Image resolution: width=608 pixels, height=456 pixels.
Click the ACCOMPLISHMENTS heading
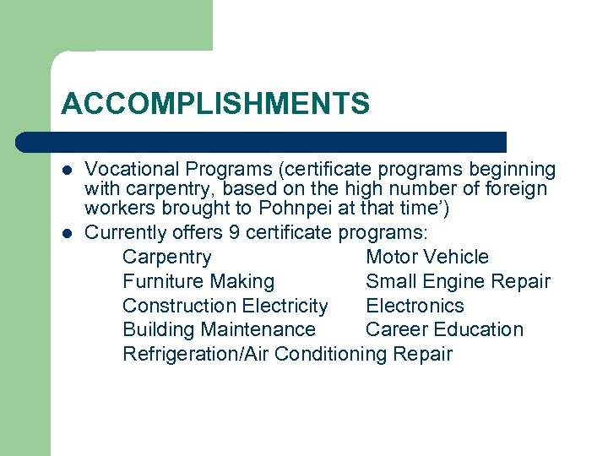point(215,104)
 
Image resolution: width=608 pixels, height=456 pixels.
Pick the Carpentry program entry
point(166,257)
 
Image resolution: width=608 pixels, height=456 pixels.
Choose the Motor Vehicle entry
point(426,257)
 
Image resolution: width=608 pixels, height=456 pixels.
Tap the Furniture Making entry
point(198,281)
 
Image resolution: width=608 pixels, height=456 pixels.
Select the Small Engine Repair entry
point(458,281)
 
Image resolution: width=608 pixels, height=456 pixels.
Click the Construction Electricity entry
point(225,306)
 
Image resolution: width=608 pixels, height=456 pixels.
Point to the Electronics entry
point(415,306)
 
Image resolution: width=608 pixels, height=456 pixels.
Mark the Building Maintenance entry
point(219,329)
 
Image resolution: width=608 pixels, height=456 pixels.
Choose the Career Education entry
point(444,329)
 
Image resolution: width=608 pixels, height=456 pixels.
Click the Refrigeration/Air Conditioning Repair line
point(287,354)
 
